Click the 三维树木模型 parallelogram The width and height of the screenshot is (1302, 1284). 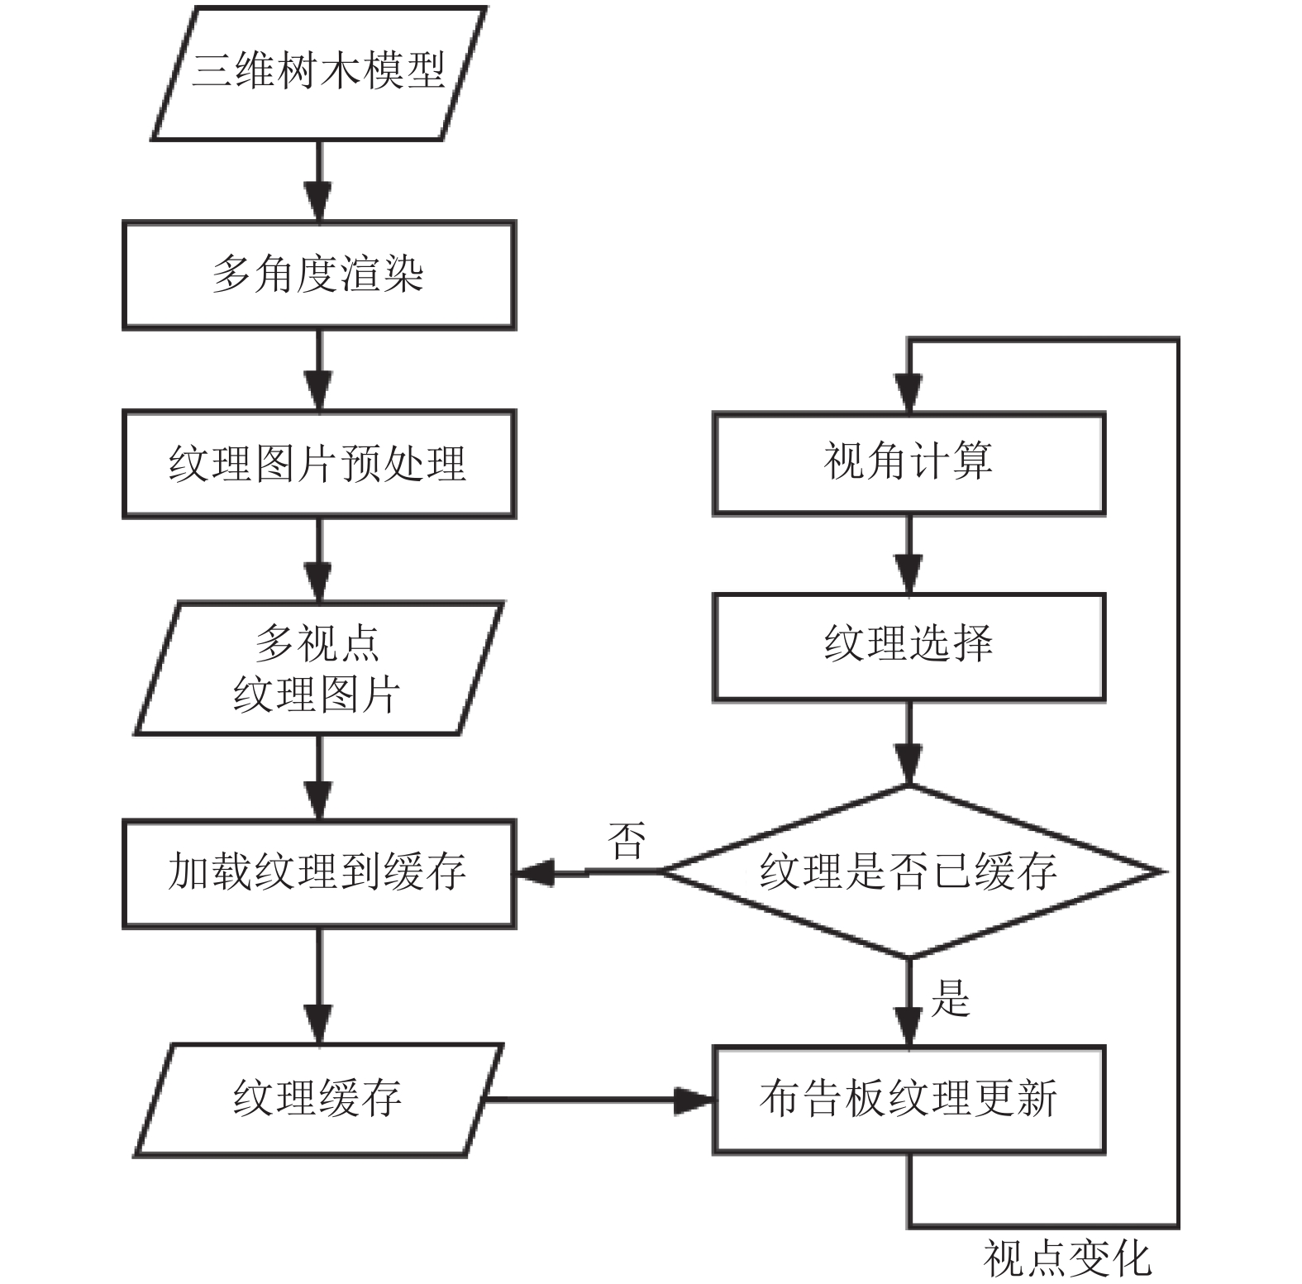pyautogui.click(x=318, y=73)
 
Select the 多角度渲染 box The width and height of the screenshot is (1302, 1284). pyautogui.click(x=319, y=275)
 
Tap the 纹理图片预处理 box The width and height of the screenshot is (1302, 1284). pyautogui.click(x=319, y=464)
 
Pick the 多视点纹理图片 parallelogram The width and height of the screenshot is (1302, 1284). pyautogui.click(x=318, y=668)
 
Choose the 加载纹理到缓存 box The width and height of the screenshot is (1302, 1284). pyautogui.click(x=319, y=874)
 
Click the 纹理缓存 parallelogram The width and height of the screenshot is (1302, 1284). pyautogui.click(x=318, y=1100)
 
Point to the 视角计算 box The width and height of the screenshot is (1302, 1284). pyautogui.click(x=909, y=464)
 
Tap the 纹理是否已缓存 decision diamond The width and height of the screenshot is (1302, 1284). pyautogui.click(x=909, y=871)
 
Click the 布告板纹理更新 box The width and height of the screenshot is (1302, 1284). pyautogui.click(x=909, y=1100)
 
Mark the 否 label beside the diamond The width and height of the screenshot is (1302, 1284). pyautogui.click(x=626, y=841)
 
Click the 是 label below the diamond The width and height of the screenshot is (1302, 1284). pyautogui.click(x=950, y=998)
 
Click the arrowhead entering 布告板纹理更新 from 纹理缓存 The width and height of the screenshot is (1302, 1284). pyautogui.click(x=695, y=1100)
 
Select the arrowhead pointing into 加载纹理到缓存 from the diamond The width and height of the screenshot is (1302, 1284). pyautogui.click(x=535, y=872)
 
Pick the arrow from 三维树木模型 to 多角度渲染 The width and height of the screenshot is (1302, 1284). pyautogui.click(x=319, y=181)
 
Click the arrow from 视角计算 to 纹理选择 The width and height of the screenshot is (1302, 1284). pyautogui.click(x=909, y=555)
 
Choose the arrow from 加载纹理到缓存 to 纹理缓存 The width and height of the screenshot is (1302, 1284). pyautogui.click(x=319, y=986)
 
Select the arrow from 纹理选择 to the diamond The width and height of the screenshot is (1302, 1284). pyautogui.click(x=909, y=743)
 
